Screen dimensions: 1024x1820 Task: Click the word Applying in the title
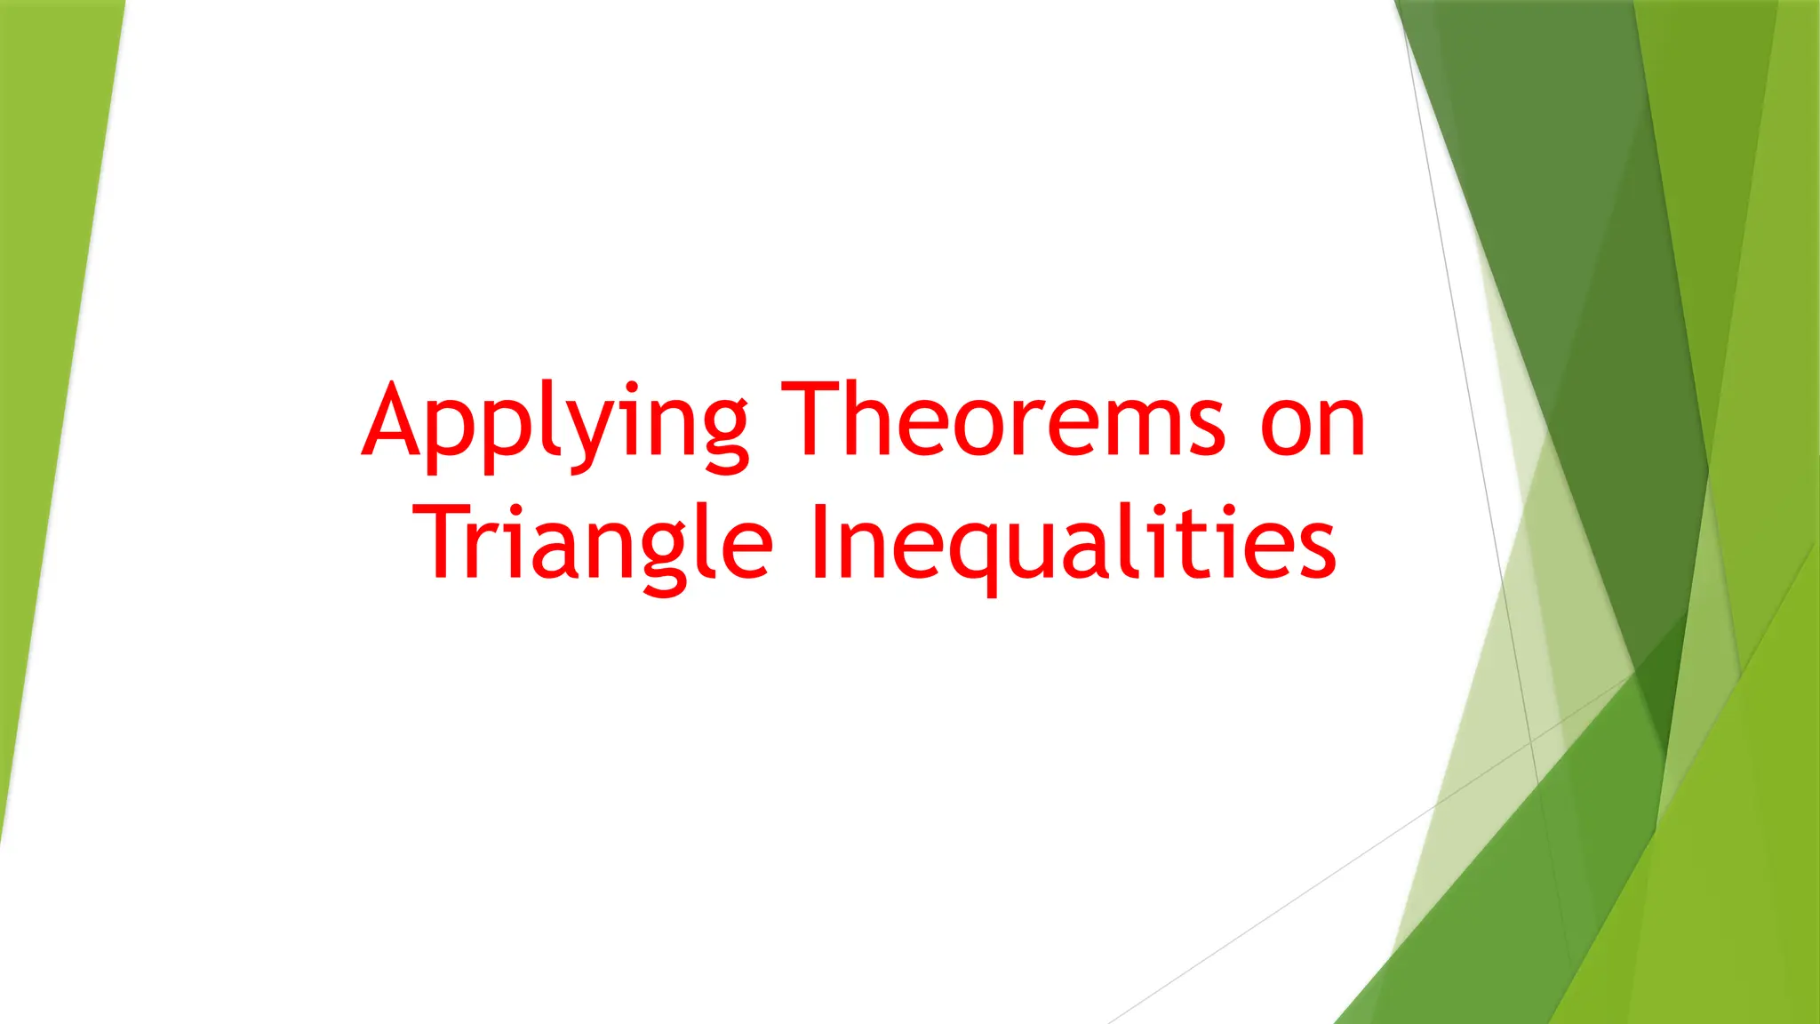[555, 422]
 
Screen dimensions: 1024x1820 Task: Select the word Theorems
[1004, 418]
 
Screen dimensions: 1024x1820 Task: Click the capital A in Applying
[392, 420]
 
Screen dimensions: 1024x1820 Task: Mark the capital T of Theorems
[812, 418]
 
